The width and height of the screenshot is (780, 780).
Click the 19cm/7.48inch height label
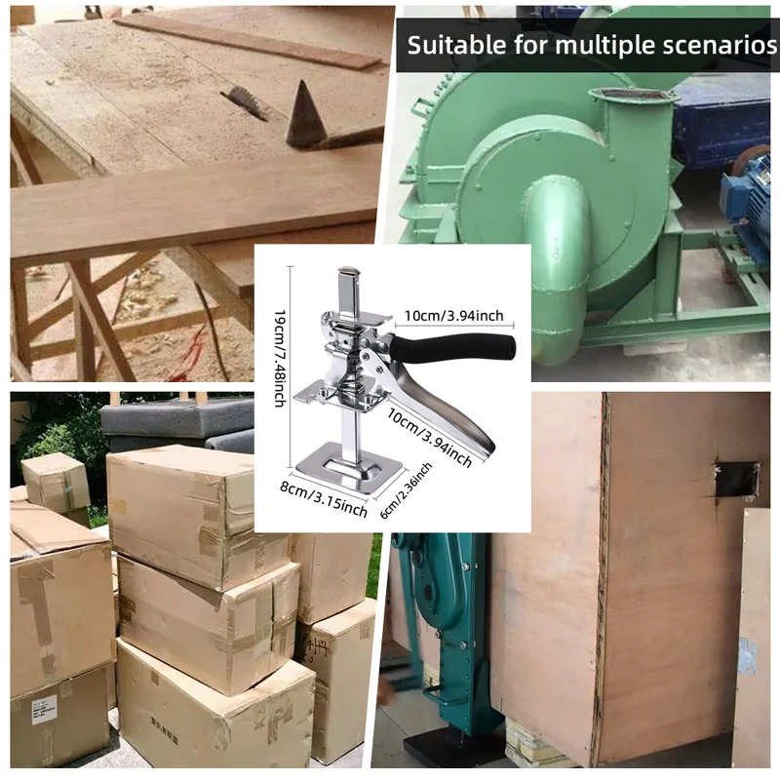pyautogui.click(x=280, y=359)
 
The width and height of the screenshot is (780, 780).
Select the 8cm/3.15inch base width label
pyautogui.click(x=324, y=499)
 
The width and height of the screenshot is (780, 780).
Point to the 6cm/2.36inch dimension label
pyautogui.click(x=406, y=490)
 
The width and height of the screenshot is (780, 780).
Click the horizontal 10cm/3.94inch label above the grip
pyautogui.click(x=453, y=315)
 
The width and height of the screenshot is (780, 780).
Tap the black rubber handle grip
pyautogui.click(x=453, y=347)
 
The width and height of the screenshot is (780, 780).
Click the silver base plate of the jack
pyautogui.click(x=349, y=468)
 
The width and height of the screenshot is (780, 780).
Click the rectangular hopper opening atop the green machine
pyautogui.click(x=632, y=95)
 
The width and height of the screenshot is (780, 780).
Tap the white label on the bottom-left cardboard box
pyautogui.click(x=45, y=710)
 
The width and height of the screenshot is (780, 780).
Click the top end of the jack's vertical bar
pyautogui.click(x=349, y=271)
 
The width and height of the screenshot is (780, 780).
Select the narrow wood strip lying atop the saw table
pyautogui.click(x=248, y=41)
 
